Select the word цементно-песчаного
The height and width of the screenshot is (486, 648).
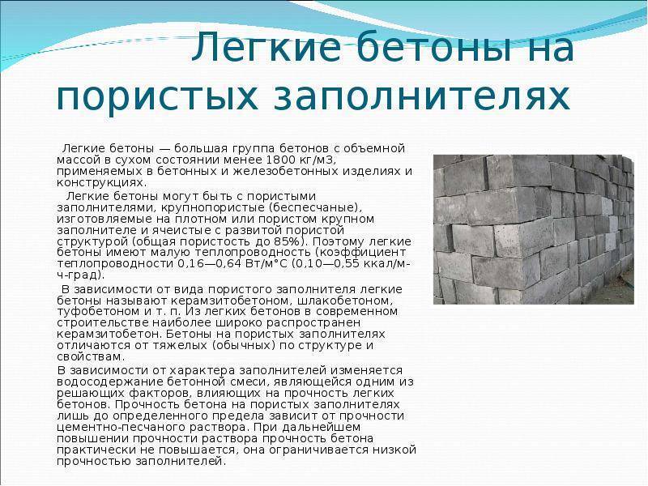107,427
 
